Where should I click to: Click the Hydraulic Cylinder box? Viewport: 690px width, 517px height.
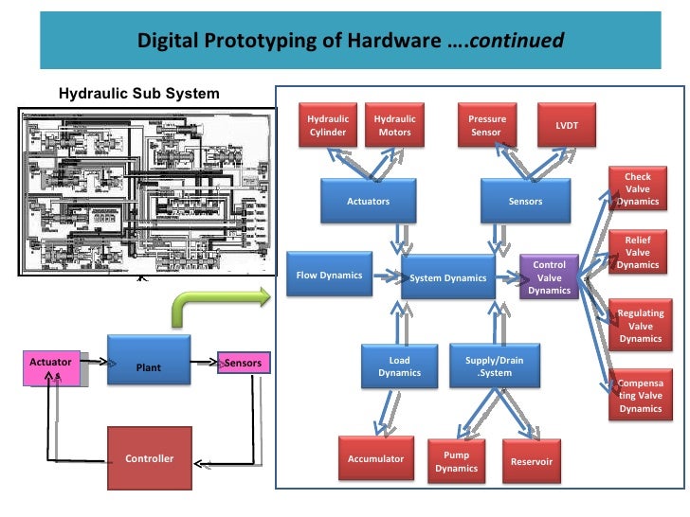tap(328, 125)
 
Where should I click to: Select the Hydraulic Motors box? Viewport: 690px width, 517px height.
tap(394, 125)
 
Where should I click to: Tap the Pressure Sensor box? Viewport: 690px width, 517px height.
tap(487, 125)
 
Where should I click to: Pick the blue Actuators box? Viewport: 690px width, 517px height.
tap(368, 202)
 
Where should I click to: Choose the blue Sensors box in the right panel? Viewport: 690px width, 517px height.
tap(525, 202)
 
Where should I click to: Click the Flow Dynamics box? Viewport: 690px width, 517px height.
tap(329, 276)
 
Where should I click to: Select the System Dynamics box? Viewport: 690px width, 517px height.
tap(447, 277)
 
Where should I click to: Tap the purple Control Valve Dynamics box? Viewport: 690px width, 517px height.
tap(549, 277)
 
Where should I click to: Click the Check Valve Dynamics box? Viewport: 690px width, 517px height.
tap(637, 188)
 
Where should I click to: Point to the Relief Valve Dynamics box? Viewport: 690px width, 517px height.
tap(637, 253)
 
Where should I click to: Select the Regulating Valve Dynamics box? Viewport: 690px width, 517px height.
tap(640, 326)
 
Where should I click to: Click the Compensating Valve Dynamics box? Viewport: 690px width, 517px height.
tap(640, 395)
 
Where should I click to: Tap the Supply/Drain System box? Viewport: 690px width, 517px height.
tap(494, 366)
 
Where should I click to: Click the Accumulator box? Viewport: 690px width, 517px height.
tap(375, 459)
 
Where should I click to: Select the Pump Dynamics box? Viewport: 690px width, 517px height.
tap(456, 462)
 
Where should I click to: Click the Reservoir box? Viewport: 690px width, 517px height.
tap(531, 461)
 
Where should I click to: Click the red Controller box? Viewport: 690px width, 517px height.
tap(149, 458)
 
